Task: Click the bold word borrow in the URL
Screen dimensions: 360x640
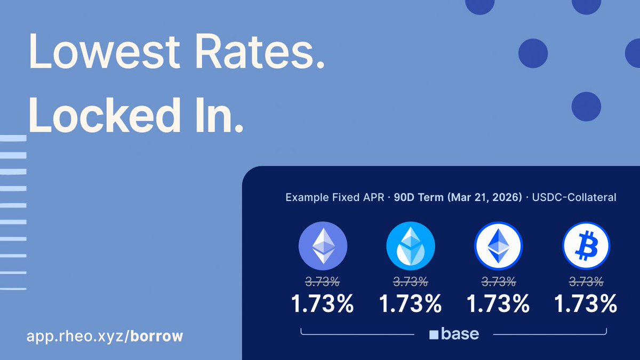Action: tap(157, 337)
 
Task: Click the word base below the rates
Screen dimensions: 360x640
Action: tap(460, 334)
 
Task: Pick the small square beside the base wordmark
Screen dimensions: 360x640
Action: tap(434, 335)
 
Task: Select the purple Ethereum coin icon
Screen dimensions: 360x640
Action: tap(323, 246)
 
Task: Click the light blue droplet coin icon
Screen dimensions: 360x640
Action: tap(410, 246)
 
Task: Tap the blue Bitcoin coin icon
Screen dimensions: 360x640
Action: tap(586, 246)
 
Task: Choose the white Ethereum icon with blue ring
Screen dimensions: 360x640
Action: tap(498, 246)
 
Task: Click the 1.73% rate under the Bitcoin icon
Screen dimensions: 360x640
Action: tap(586, 304)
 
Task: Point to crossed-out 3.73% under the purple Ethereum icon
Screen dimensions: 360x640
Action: tap(323, 281)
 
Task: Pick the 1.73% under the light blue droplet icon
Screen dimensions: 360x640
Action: tap(410, 304)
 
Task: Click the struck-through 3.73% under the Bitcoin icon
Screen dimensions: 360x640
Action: tap(586, 281)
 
